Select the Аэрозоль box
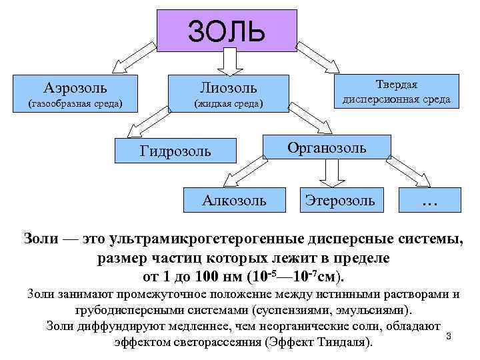click(75, 93)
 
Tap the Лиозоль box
click(229, 94)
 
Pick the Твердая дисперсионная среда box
click(396, 91)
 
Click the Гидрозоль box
click(175, 151)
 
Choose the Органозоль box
click(327, 148)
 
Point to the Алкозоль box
click(234, 199)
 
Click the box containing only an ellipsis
click(429, 199)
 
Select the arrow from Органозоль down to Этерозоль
click(329, 174)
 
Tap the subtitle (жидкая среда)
click(229, 104)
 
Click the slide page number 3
click(449, 337)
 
